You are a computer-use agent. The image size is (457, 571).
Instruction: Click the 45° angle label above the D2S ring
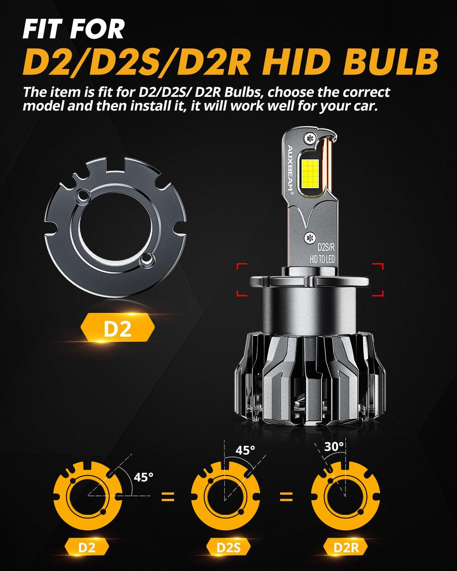[x=245, y=450]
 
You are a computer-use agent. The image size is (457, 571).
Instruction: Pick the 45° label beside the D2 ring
[x=144, y=477]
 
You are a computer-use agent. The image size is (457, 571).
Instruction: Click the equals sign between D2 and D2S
[x=168, y=497]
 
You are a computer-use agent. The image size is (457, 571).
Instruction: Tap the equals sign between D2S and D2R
[x=286, y=497]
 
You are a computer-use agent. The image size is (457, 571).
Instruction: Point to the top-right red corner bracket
[x=377, y=269]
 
